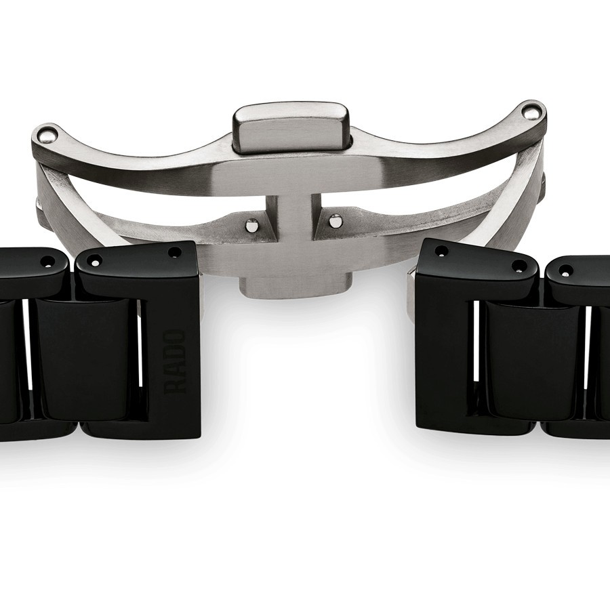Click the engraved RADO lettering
coord(176,361)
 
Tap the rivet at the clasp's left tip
coord(47,134)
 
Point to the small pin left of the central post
coord(252,226)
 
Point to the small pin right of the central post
coord(333,220)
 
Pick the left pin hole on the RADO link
coord(96,260)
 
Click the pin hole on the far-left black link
coord(49,261)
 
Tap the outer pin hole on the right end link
coord(518,266)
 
